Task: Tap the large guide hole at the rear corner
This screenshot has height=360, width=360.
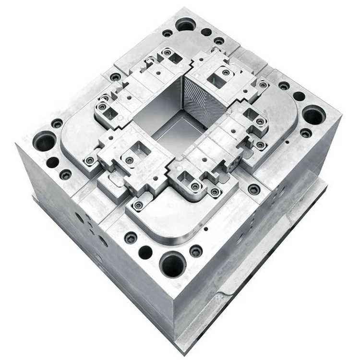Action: (x=185, y=24)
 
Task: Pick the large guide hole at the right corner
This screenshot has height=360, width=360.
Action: (x=313, y=115)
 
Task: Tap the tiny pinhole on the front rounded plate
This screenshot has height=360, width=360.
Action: (x=206, y=229)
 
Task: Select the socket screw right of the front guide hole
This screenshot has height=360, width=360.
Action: (x=196, y=251)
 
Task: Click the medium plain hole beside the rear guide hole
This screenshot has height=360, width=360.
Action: (x=206, y=32)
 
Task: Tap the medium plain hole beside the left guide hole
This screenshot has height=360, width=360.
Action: (x=53, y=162)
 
